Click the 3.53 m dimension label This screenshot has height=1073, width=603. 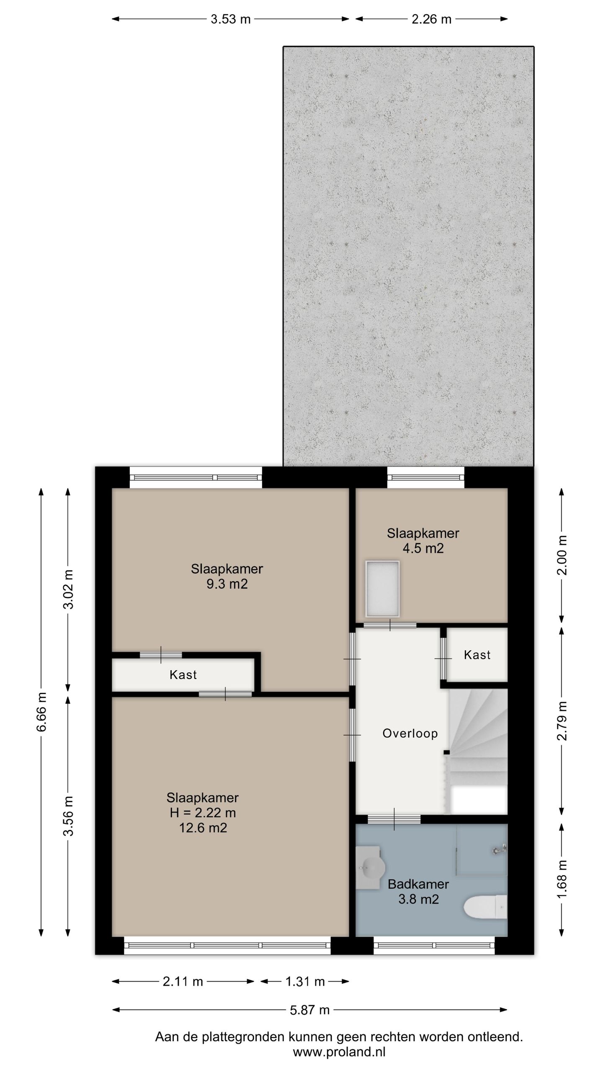click(x=230, y=19)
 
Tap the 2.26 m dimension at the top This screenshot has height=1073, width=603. click(x=431, y=19)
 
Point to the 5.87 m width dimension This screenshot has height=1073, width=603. click(x=310, y=1010)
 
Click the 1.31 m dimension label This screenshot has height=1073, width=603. click(x=305, y=981)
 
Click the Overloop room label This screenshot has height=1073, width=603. click(x=410, y=733)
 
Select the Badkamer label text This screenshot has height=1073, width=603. click(x=418, y=884)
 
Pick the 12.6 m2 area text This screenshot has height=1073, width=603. click(x=203, y=828)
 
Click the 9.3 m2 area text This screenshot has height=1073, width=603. click(x=227, y=584)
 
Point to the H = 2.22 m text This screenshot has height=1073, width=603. click(x=203, y=813)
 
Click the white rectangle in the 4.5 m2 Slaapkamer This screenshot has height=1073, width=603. click(x=382, y=589)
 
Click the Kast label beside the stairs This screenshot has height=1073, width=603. click(x=477, y=655)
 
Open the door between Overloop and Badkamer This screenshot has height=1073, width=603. click(x=394, y=819)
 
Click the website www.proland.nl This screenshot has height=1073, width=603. click(x=339, y=1052)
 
